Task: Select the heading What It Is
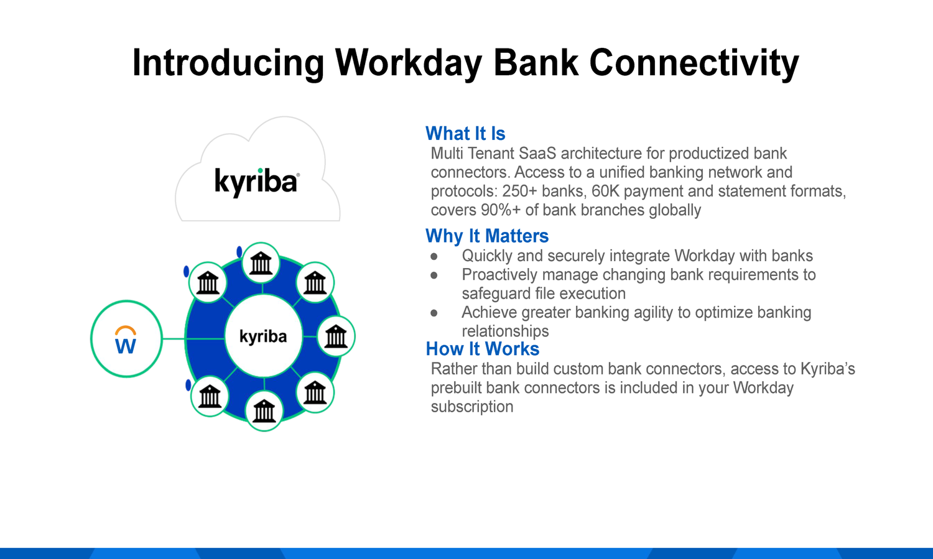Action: (465, 134)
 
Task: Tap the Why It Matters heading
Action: (487, 236)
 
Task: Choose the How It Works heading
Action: (483, 349)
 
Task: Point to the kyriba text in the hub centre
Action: (263, 337)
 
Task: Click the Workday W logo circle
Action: (126, 339)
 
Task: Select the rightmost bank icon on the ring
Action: (336, 336)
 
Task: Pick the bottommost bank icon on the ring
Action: (264, 411)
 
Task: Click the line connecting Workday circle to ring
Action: (174, 339)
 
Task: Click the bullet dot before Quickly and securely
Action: (434, 256)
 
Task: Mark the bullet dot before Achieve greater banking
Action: (434, 313)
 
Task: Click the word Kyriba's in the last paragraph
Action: (827, 369)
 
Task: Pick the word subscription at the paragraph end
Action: (472, 407)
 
